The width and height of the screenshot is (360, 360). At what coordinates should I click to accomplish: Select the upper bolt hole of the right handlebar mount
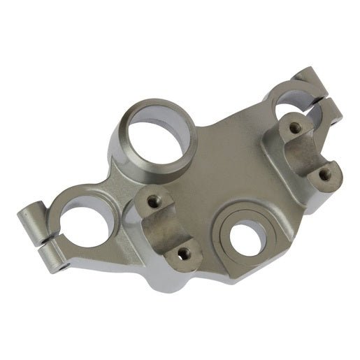pos(294,127)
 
